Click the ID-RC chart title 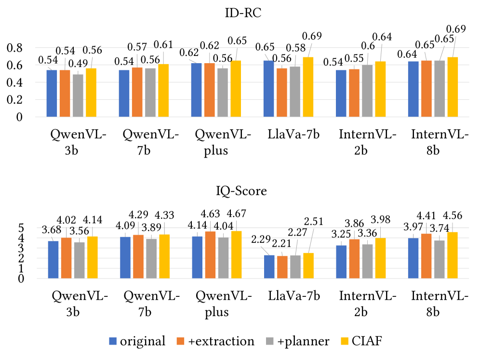[240, 14]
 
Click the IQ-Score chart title [240, 192]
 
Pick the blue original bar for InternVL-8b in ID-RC [413, 89]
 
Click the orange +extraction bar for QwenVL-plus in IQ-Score [210, 255]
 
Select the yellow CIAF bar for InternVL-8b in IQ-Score [453, 255]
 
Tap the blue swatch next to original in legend [113, 342]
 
